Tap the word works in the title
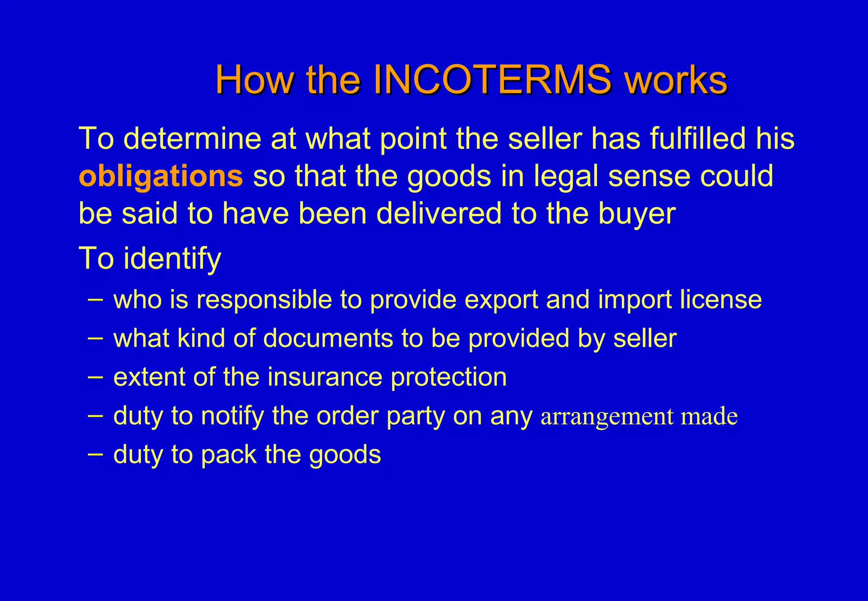coord(676,80)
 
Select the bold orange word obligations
coord(161,176)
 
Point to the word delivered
coord(439,213)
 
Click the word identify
coord(172,259)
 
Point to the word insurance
coord(325,377)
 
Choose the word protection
coord(448,377)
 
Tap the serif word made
coord(709,416)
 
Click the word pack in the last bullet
coord(228,454)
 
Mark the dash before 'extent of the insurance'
coord(95,376)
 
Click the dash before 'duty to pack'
coord(95,453)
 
